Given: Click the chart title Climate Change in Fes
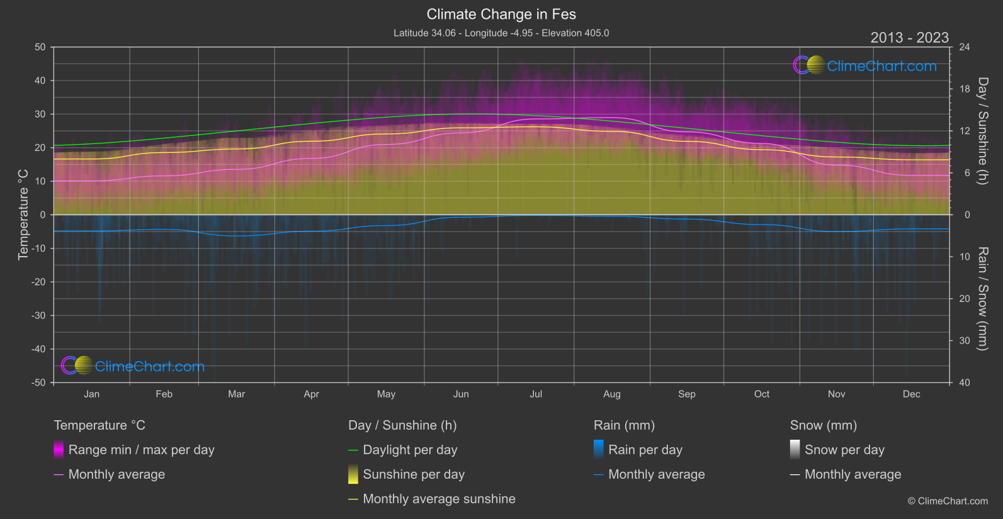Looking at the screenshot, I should pos(501,14).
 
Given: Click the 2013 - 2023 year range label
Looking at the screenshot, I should pos(909,38).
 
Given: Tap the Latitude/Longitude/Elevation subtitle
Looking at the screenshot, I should pos(501,33).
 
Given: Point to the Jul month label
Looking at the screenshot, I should pos(536,394).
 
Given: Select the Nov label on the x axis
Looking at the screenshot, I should pos(836,394).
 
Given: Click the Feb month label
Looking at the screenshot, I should pos(164,394).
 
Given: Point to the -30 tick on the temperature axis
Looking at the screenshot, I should pos(39,316).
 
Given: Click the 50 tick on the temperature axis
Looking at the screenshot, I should pos(40,47).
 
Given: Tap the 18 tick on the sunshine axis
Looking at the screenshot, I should pos(965,89).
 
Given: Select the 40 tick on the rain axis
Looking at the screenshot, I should pos(965,382).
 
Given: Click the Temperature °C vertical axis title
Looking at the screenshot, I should pos(23,215).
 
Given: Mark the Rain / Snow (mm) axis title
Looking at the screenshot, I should pos(982,299).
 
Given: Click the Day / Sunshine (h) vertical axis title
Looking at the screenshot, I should pos(982,131).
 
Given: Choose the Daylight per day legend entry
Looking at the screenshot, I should pos(410,450).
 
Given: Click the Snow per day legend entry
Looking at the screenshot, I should pos(844,450).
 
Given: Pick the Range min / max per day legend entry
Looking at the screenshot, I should pos(141,450).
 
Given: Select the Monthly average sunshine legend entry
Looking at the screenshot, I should pos(439,499).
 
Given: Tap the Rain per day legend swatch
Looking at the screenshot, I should pos(599,450).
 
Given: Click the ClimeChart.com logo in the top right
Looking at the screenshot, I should pos(865,65).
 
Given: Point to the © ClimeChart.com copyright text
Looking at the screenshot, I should pos(948,501).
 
